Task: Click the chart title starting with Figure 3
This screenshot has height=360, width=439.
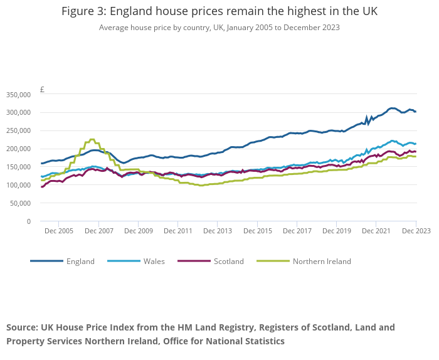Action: click(x=219, y=12)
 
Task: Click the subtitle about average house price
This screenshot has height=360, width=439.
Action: click(x=219, y=28)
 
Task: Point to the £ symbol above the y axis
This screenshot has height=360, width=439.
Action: click(x=42, y=89)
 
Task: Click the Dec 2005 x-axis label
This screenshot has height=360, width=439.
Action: click(x=58, y=231)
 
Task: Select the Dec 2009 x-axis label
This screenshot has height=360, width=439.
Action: click(x=138, y=231)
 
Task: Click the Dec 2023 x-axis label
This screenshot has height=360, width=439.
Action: click(x=416, y=231)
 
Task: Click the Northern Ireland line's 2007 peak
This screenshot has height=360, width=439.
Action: click(x=92, y=139)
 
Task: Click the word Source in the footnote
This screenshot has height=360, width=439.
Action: click(x=22, y=327)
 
